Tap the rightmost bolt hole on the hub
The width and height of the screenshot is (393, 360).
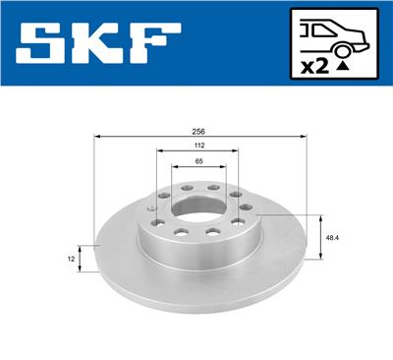(x=246, y=208)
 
